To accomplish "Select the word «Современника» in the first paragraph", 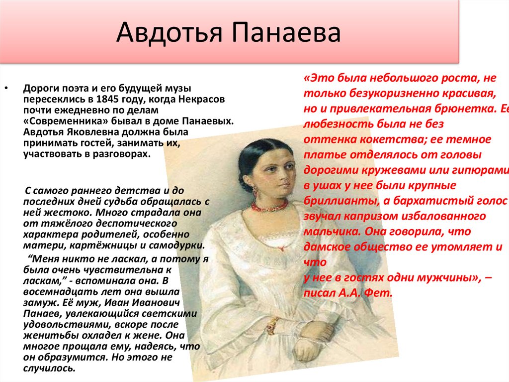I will click(x=58, y=121).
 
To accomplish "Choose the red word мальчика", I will click(x=330, y=232).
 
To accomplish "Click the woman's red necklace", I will click(x=269, y=205).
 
